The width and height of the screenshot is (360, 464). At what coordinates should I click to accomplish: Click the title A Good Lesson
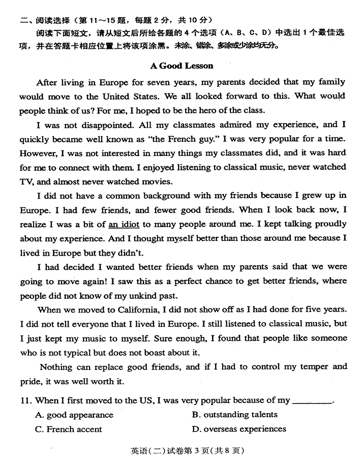[182, 66]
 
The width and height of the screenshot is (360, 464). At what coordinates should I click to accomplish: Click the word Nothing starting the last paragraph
[56, 367]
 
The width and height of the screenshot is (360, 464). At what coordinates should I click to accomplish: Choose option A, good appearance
[74, 415]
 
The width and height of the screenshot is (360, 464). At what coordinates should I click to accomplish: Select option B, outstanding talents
[235, 415]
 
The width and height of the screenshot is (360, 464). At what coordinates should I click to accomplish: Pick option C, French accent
[69, 429]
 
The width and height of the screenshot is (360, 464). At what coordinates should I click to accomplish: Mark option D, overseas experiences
[239, 429]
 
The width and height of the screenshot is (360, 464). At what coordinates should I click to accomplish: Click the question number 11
[26, 400]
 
